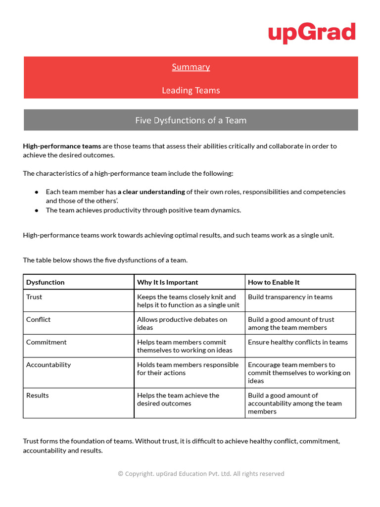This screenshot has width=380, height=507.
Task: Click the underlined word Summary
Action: click(x=191, y=67)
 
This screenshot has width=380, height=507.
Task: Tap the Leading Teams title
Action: click(x=191, y=90)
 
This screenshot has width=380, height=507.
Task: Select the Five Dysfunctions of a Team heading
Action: click(x=191, y=120)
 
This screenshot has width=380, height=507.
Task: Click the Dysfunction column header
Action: click(x=46, y=282)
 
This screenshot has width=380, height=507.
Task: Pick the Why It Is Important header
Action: click(x=167, y=282)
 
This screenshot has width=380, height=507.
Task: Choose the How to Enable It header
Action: click(x=274, y=282)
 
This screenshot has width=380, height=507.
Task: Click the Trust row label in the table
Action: click(x=34, y=297)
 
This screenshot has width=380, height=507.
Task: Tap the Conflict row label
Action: click(x=39, y=320)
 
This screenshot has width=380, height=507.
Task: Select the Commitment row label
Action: click(x=47, y=342)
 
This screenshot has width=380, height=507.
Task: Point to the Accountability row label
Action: click(x=48, y=365)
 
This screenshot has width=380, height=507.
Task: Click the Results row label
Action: click(x=38, y=396)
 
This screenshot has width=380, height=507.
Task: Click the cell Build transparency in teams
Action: click(x=290, y=297)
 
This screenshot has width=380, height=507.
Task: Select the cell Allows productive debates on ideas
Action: click(x=182, y=324)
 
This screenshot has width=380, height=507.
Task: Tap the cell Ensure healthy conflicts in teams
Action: click(x=298, y=342)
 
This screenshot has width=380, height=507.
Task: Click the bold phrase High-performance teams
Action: click(x=62, y=146)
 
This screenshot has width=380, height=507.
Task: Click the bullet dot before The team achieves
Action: click(x=37, y=210)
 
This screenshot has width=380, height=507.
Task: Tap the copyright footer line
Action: click(x=201, y=474)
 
